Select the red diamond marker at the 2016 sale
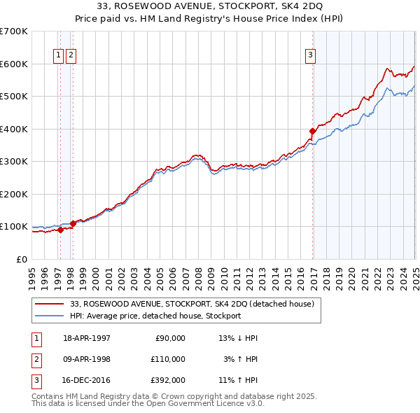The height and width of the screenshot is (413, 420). click(x=313, y=131)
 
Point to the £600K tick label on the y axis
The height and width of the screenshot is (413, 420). click(x=13, y=64)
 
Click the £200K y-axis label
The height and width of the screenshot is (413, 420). click(x=13, y=194)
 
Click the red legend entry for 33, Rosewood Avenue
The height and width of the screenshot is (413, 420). click(x=196, y=303)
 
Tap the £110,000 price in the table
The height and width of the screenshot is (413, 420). click(x=169, y=359)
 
